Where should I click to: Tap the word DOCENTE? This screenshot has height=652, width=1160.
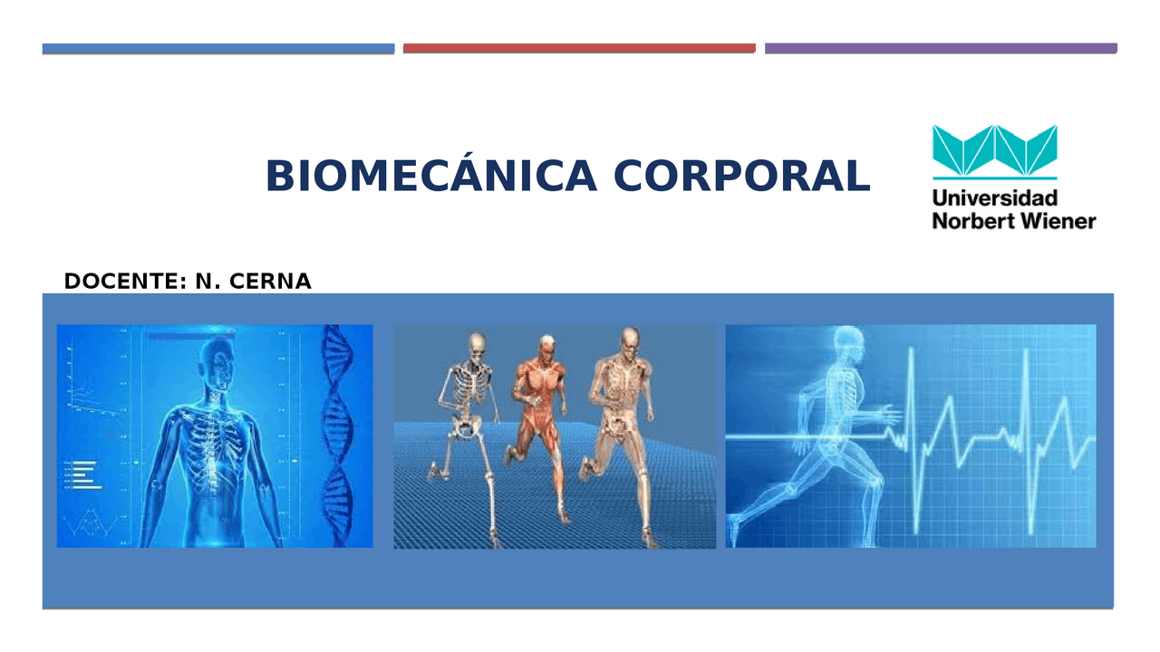pyautogui.click(x=122, y=282)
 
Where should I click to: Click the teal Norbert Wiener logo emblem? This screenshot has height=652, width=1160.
pyautogui.click(x=994, y=150)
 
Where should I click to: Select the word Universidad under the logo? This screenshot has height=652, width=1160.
pyautogui.click(x=994, y=197)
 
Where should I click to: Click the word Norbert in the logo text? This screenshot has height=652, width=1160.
pyautogui.click(x=970, y=220)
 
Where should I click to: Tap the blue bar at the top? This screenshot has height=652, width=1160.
pyautogui.click(x=217, y=48)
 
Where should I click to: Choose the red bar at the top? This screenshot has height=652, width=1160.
pyautogui.click(x=578, y=48)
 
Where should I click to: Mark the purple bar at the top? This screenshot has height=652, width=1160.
pyautogui.click(x=941, y=48)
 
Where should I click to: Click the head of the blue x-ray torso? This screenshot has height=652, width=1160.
pyautogui.click(x=211, y=362)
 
